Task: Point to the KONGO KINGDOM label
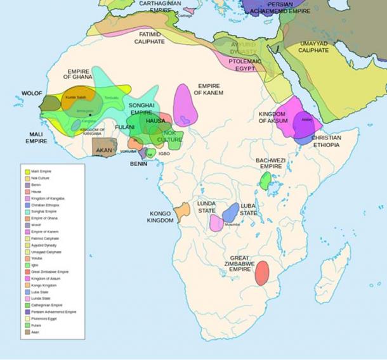pos(162,217)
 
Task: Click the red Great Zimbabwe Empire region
pos(261,271)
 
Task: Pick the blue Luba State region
pos(232,211)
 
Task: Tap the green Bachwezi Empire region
pos(265,181)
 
